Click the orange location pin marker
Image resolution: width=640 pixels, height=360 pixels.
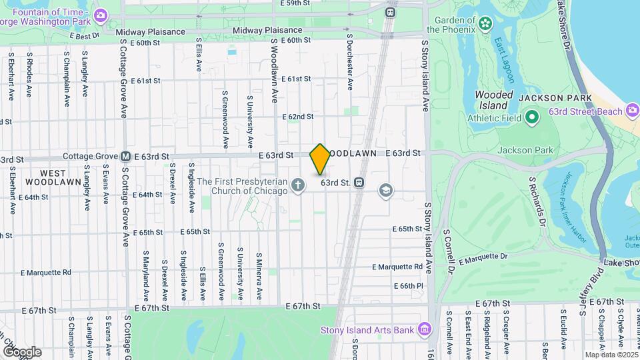(320, 159)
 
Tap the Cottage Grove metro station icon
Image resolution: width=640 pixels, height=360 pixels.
(125, 157)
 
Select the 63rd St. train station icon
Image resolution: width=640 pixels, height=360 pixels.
(359, 182)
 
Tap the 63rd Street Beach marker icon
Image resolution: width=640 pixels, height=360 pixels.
(633, 111)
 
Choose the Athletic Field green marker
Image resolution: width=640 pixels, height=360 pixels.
(531, 119)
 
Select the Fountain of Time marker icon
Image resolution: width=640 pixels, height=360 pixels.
(101, 15)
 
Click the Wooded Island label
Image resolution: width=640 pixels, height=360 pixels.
(494, 100)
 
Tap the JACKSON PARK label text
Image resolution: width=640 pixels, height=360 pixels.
(546, 97)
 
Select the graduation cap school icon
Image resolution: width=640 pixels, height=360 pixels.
(385, 191)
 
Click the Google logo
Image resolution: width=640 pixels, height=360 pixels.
(21, 352)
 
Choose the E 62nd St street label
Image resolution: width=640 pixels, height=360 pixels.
(297, 117)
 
